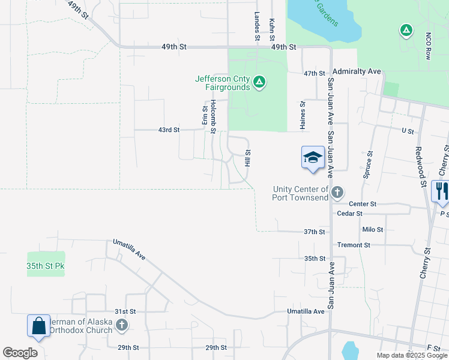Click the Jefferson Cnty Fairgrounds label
click(222, 83)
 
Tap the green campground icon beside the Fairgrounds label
click(259, 81)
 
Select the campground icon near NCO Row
click(406, 30)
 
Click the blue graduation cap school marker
click(313, 158)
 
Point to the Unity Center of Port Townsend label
click(300, 193)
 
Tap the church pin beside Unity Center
click(337, 193)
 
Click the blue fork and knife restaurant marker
click(441, 191)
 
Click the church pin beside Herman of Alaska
click(122, 326)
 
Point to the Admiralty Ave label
click(357, 71)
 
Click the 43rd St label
click(169, 130)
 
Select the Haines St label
click(303, 115)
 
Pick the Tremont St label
click(370, 245)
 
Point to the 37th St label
click(314, 231)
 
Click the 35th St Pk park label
click(45, 265)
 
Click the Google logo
click(20, 352)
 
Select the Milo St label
click(372, 230)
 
